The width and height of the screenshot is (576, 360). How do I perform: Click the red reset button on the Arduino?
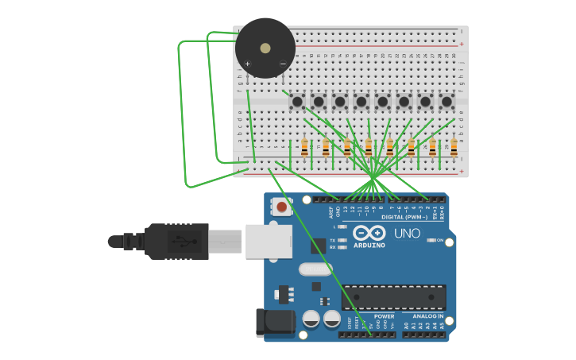point(281,208)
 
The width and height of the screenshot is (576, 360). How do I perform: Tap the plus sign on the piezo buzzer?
point(248,64)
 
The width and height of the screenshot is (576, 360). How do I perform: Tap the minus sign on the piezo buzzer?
point(283,64)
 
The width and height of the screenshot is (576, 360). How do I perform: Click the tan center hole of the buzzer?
point(265,47)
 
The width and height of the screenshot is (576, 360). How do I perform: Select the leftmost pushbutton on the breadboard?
point(297,102)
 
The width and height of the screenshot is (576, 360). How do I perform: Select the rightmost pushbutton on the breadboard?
point(446,102)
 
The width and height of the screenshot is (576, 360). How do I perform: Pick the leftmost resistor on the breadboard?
point(304,148)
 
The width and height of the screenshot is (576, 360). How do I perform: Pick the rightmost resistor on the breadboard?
point(454,148)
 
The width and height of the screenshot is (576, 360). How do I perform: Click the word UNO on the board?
point(407,234)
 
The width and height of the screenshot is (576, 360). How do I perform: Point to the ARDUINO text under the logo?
point(369,246)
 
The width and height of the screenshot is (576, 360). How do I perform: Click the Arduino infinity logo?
point(370,233)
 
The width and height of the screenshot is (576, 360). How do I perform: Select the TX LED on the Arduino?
point(342,240)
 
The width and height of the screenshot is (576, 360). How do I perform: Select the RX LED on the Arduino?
point(342,247)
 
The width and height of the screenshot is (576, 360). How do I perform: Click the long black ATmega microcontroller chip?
point(393,297)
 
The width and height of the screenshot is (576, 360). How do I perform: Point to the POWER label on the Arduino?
point(384,315)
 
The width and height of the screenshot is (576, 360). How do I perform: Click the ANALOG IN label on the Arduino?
point(428,315)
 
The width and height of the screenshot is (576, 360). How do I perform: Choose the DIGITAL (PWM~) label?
point(404,217)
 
